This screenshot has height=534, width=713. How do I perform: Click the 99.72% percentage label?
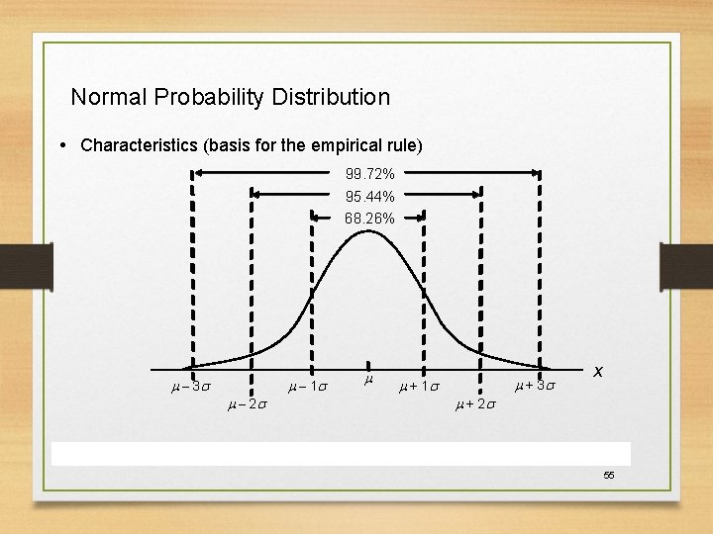click(x=369, y=174)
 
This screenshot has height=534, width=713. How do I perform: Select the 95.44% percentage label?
click(x=369, y=196)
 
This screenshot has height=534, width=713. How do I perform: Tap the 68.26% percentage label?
click(x=369, y=218)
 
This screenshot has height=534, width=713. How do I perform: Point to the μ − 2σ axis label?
click(x=247, y=403)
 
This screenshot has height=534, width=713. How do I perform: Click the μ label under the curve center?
click(x=367, y=379)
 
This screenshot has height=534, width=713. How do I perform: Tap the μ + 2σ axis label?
click(x=476, y=403)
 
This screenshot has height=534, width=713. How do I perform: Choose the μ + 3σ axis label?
click(x=536, y=385)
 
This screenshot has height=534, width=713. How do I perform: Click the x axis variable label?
click(x=598, y=371)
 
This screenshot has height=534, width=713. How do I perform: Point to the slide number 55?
click(x=609, y=476)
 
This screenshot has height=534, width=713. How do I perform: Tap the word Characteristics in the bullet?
click(x=139, y=145)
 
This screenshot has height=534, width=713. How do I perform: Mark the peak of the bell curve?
click(x=366, y=231)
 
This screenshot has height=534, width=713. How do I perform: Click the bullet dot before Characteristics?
click(x=63, y=145)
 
